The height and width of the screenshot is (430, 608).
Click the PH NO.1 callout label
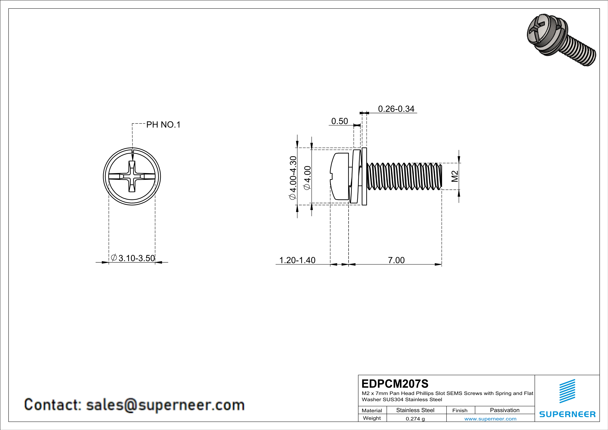163,125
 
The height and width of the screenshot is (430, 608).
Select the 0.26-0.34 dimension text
396,109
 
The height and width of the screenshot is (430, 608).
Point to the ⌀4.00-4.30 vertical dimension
293,178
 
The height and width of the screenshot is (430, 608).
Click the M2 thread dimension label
454,176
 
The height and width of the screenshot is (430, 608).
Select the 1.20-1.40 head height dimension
297,260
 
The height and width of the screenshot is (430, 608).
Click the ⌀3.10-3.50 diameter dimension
133,258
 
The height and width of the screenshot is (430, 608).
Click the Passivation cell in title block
504,410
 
